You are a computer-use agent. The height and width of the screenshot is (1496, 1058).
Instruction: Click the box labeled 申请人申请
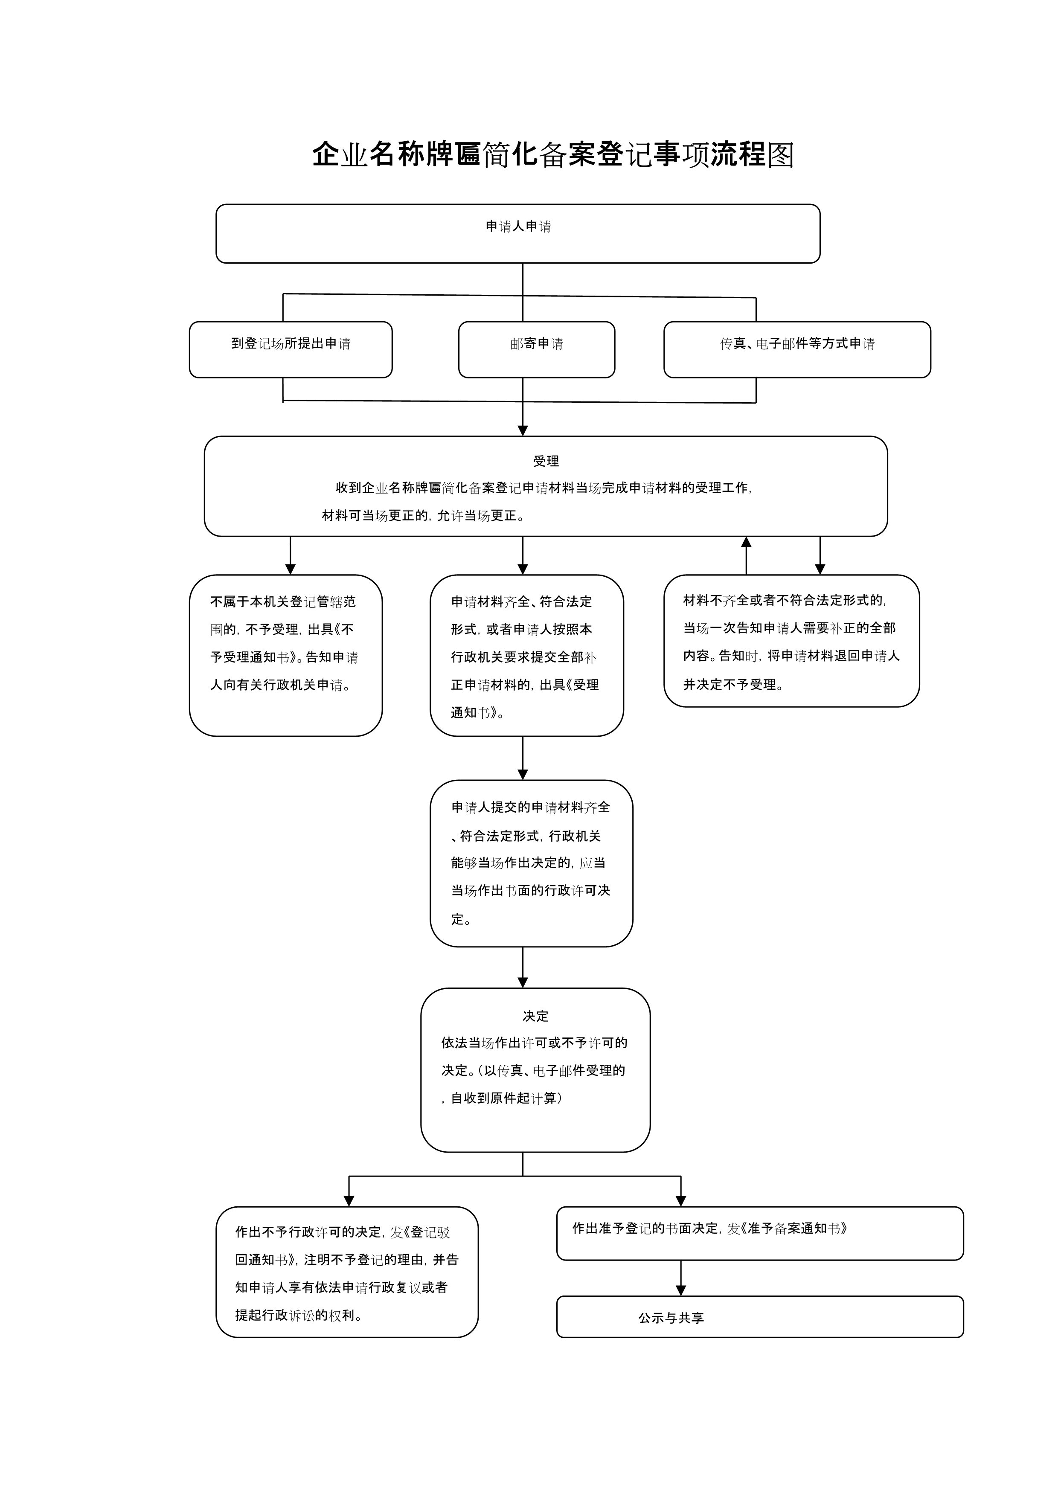click(518, 234)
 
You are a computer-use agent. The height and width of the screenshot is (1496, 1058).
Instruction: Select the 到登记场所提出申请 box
click(291, 350)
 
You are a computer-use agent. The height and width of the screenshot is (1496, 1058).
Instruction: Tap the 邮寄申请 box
click(537, 350)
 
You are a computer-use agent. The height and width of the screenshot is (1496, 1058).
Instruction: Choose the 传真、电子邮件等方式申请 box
click(797, 350)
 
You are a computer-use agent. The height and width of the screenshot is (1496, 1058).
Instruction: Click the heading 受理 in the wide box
click(546, 461)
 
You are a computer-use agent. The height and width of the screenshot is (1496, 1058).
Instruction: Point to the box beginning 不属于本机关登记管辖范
click(286, 656)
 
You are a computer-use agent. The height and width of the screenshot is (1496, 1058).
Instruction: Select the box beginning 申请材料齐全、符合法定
click(527, 656)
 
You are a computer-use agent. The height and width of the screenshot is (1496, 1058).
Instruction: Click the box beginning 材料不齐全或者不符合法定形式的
click(791, 641)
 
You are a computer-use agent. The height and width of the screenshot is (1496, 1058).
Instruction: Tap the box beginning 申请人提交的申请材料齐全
click(532, 863)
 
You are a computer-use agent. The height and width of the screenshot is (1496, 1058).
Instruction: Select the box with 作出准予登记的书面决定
click(760, 1233)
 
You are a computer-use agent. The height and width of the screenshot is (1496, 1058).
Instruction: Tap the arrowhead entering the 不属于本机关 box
click(291, 569)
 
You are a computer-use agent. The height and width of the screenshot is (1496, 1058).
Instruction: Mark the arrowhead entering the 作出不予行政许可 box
click(349, 1201)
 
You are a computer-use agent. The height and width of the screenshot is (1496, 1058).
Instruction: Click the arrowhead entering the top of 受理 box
click(523, 431)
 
